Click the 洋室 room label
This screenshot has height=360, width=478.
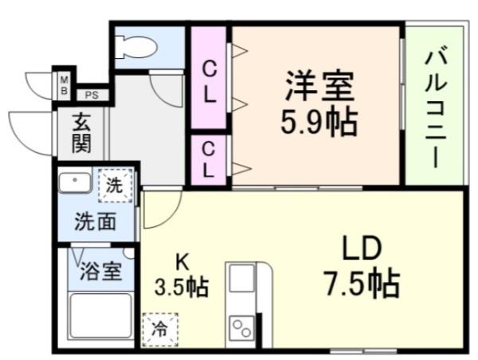coord(317,84)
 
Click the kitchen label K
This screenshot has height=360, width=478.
coord(182,260)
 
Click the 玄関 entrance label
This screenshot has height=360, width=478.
coord(82,133)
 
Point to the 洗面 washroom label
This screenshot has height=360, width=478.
coord(96,221)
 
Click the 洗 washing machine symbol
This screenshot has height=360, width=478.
coord(114,186)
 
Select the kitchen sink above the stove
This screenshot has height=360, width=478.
coord(240,281)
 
